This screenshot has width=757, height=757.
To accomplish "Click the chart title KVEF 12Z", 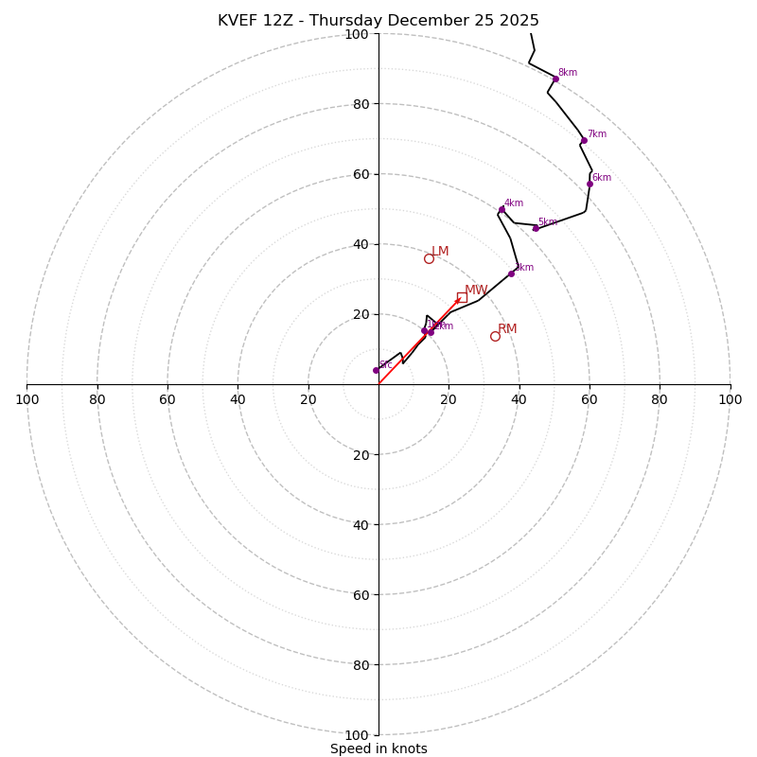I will pyautogui.click(x=378, y=21).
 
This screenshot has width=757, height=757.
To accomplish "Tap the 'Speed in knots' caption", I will pyautogui.click(x=378, y=748).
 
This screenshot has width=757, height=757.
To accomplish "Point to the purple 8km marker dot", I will pyautogui.click(x=555, y=79).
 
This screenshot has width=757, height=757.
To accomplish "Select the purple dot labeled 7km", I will pyautogui.click(x=584, y=141).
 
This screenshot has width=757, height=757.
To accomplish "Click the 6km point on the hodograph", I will pyautogui.click(x=590, y=184).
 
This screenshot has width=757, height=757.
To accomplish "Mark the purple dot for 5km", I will pyautogui.click(x=536, y=228).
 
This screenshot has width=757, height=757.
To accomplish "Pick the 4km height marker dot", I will pyautogui.click(x=502, y=209).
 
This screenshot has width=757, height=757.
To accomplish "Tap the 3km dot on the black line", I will pyautogui.click(x=511, y=273).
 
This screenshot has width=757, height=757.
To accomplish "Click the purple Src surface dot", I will pyautogui.click(x=376, y=370).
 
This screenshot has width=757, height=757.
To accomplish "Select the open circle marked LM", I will pyautogui.click(x=429, y=258).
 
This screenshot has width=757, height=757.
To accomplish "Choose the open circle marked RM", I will pyautogui.click(x=495, y=336).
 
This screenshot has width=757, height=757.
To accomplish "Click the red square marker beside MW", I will pyautogui.click(x=462, y=297).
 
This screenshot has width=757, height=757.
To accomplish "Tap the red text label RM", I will pyautogui.click(x=507, y=329).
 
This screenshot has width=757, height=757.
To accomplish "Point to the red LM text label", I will pyautogui.click(x=440, y=252).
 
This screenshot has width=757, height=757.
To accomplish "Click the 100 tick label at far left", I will pyautogui.click(x=26, y=399).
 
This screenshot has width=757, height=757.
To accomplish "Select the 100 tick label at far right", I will pyautogui.click(x=730, y=399).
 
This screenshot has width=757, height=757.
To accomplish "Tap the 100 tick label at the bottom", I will pyautogui.click(x=357, y=734).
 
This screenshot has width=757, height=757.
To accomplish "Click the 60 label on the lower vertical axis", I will pyautogui.click(x=360, y=594).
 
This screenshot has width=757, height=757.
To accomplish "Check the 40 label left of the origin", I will pyautogui.click(x=238, y=399).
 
